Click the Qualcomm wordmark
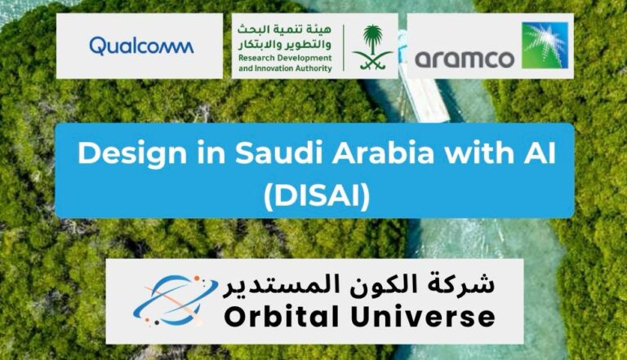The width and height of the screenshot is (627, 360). coord(141,46)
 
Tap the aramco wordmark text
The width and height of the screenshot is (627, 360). coord(465,60)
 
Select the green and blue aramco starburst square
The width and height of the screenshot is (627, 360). coord(545,45)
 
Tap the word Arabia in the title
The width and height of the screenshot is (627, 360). coord(383,153)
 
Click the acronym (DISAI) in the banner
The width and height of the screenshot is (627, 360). coord(316,197)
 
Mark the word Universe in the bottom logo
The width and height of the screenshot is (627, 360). coord(423,316)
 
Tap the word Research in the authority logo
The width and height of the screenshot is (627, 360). coord(256,58)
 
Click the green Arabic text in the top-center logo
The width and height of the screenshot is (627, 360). coord(285,37)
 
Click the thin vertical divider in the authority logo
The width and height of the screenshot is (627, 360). coord(344,47)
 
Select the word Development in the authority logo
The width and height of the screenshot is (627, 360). coord(304,59)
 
